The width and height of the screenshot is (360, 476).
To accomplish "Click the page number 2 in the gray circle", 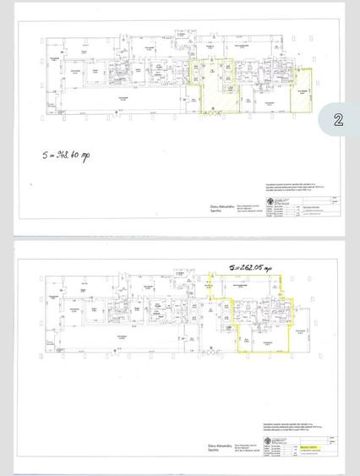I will (338, 119).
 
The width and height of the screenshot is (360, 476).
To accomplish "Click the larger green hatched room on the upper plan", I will (218, 98).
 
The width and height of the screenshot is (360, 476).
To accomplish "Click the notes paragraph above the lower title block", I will (279, 424).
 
